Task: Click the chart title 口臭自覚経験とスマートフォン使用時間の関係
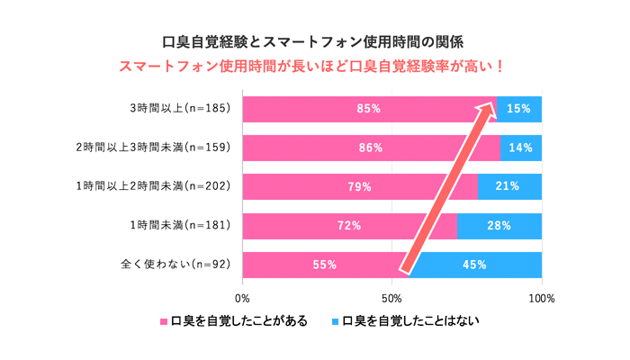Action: [314, 41]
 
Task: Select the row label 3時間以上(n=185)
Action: [181, 108]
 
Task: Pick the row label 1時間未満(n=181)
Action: [181, 226]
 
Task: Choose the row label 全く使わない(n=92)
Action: [175, 265]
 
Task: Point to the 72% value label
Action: [349, 226]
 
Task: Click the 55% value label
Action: [325, 265]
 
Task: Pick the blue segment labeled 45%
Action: [475, 265]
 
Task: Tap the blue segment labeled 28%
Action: [499, 226]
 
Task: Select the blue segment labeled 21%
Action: [509, 187]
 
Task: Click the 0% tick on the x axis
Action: [242, 296]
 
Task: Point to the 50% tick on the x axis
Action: [391, 296]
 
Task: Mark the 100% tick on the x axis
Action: [542, 296]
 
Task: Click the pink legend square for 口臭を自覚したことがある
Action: [164, 321]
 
